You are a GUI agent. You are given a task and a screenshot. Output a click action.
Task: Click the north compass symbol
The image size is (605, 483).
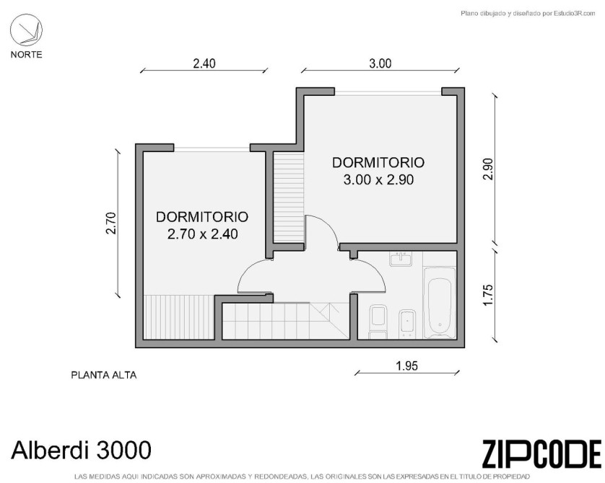tap(26, 30)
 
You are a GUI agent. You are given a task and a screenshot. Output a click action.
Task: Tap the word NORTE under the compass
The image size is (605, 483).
tap(26, 55)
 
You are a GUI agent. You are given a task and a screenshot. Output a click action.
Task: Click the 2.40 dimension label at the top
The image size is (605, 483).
tap(204, 63)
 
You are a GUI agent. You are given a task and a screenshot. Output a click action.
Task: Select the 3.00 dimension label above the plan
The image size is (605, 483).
tap(380, 63)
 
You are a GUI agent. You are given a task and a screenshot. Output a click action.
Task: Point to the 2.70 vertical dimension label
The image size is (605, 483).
tap(111, 223)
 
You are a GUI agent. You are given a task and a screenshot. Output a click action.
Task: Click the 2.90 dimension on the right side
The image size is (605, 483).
tap(488, 169)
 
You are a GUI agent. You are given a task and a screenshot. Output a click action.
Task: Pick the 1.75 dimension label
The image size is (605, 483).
tap(488, 295)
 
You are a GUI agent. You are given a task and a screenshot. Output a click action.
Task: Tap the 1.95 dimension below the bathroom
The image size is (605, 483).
tap(406, 365)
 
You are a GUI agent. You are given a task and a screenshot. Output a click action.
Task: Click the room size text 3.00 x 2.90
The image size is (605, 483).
tap(378, 180)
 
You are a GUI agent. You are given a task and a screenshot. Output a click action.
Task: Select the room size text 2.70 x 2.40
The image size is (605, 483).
tap(203, 234)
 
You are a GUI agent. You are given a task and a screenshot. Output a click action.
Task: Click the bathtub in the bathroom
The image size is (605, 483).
tap(440, 302)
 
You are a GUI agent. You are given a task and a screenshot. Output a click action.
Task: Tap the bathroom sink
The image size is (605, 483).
tap(401, 260)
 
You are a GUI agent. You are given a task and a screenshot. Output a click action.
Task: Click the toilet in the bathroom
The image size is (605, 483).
tap(378, 322)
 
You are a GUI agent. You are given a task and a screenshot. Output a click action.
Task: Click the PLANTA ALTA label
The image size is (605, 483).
tap(104, 375)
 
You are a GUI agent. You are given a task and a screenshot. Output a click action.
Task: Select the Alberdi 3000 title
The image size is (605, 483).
tap(81, 450)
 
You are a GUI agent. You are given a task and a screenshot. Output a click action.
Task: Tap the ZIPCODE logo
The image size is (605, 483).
tap(541, 453)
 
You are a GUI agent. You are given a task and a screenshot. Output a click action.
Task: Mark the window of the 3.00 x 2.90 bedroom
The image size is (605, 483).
tap(388, 92)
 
